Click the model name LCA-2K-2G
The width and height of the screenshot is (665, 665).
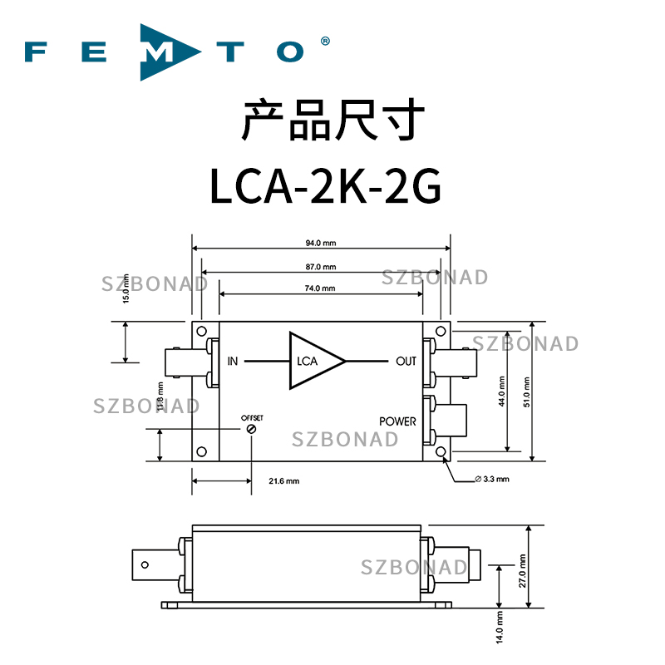point(324,187)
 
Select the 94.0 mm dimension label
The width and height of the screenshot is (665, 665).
point(320,244)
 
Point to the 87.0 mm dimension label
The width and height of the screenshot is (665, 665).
point(320,267)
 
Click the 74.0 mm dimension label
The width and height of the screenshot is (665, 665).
point(320,288)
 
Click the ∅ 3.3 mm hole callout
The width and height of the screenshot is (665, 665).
point(490,480)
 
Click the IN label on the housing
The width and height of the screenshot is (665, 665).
point(233,361)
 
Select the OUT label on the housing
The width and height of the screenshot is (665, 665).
point(406,361)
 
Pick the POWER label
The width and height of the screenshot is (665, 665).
point(397,421)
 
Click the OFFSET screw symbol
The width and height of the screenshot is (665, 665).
point(250,427)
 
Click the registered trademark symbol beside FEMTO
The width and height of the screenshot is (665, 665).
point(325,40)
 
